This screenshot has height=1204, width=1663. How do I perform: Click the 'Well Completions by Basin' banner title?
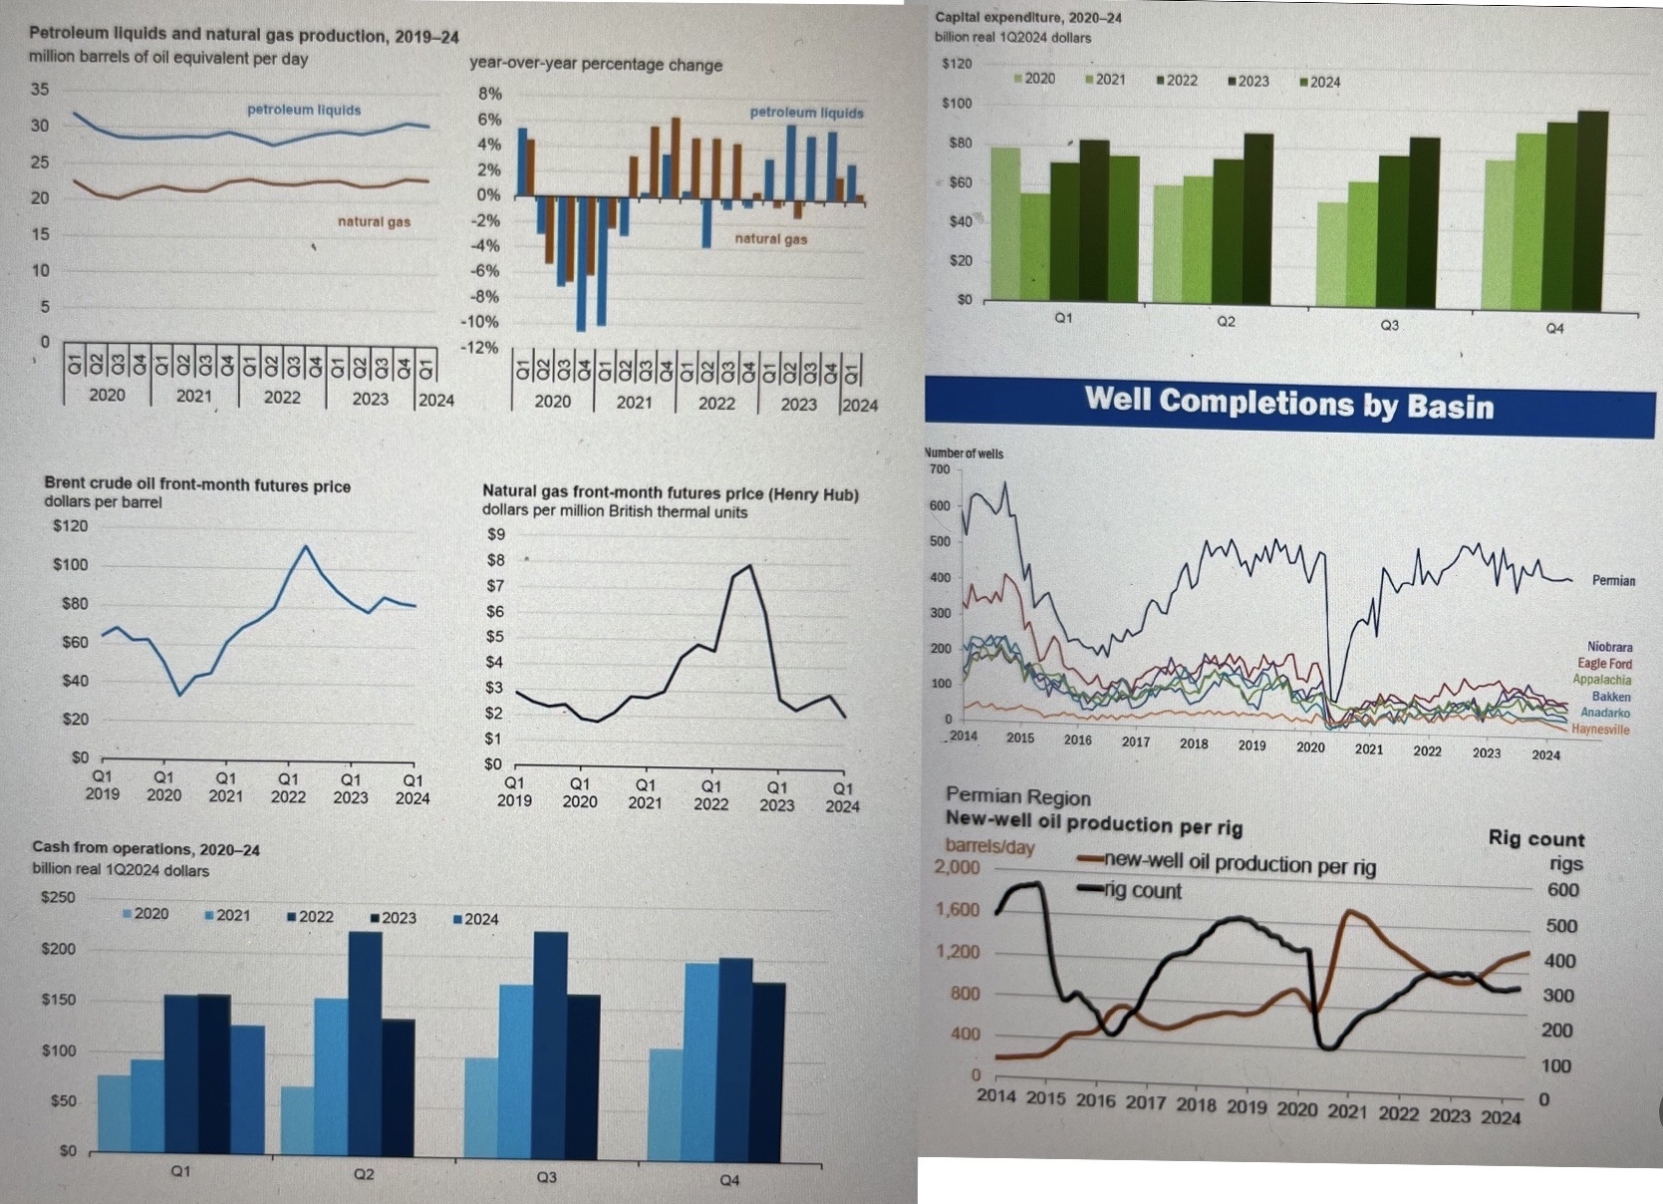pyautogui.click(x=1289, y=403)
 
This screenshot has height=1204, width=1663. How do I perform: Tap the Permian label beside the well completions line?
pyautogui.click(x=1613, y=580)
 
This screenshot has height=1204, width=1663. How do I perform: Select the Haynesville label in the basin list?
pyautogui.click(x=1600, y=730)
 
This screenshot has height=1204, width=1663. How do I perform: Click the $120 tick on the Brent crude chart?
pyautogui.click(x=70, y=526)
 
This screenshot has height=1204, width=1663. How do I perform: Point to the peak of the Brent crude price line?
pyautogui.click(x=305, y=546)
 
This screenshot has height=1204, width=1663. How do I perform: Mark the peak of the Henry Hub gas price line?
pyautogui.click(x=749, y=566)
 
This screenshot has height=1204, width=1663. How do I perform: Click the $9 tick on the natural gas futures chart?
pyautogui.click(x=495, y=534)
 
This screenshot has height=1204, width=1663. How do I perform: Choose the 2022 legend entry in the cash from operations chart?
pyautogui.click(x=310, y=916)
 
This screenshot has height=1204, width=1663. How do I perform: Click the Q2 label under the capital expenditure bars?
pyautogui.click(x=1226, y=322)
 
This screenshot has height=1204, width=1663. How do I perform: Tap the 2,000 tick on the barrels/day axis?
pyautogui.click(x=957, y=867)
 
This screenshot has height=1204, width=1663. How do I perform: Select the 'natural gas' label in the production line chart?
pyautogui.click(x=374, y=221)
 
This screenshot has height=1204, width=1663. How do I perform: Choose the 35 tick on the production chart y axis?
pyautogui.click(x=39, y=90)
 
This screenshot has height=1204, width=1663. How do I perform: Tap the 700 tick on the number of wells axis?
pyautogui.click(x=939, y=469)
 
